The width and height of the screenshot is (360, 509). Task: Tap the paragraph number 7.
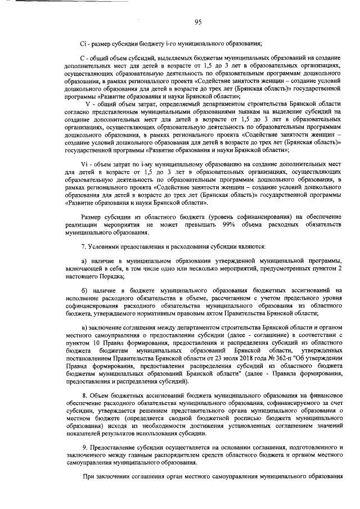(84, 247)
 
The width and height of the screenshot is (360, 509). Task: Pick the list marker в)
(84, 327)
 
